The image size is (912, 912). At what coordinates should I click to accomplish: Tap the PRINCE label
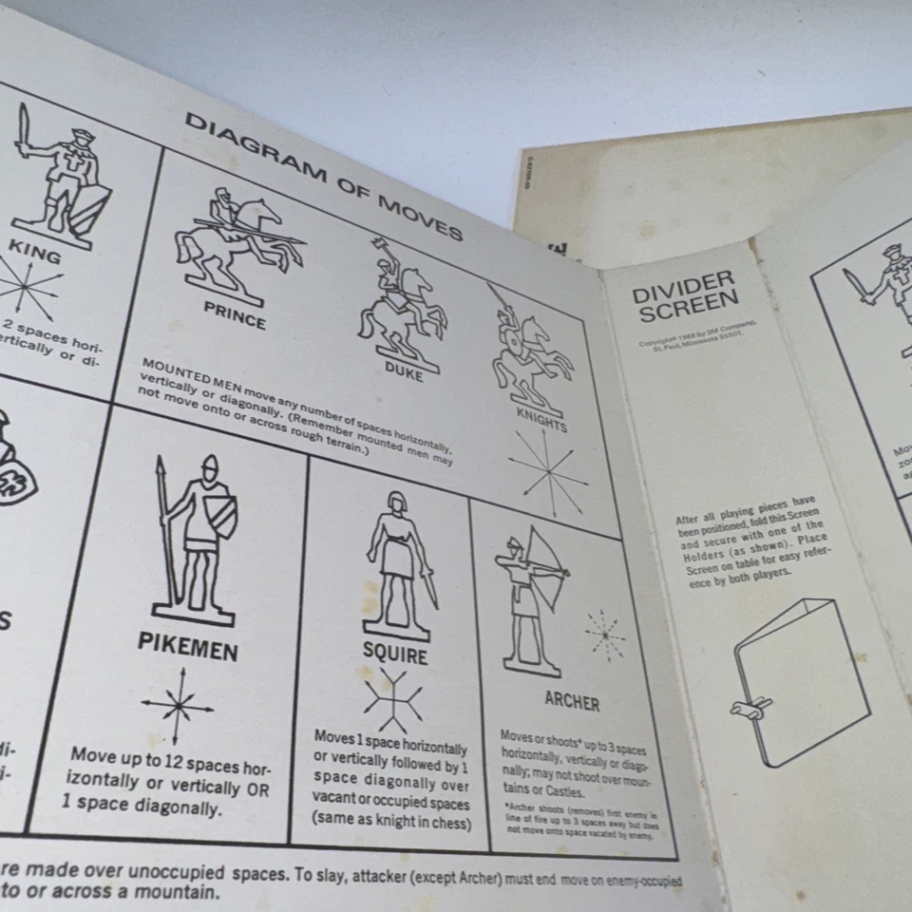[235, 314]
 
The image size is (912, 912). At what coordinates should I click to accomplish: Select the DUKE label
[404, 373]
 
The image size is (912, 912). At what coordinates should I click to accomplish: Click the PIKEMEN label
[187, 644]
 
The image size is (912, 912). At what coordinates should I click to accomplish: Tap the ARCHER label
[571, 701]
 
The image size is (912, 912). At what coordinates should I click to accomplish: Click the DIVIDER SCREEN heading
[686, 295]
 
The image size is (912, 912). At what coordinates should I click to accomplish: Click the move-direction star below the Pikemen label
[178, 705]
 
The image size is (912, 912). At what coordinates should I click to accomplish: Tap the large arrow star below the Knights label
[547, 470]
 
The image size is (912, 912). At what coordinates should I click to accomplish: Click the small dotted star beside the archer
[604, 635]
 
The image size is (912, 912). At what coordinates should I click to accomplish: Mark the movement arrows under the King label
[28, 288]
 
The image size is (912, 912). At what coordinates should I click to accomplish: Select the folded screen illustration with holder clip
[799, 680]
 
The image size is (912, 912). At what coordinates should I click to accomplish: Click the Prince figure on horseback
[237, 243]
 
